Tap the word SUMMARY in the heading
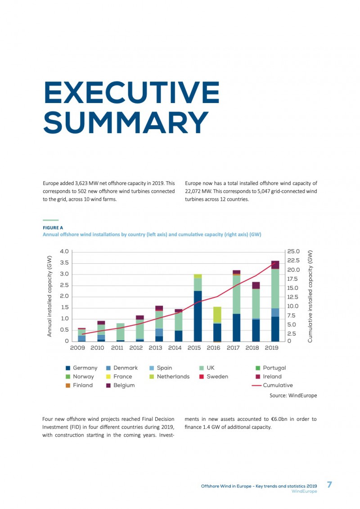pyautogui.click(x=126, y=122)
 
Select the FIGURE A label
pyautogui.click(x=53, y=228)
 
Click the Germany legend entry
pyautogui.click(x=81, y=368)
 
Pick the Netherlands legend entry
pyautogui.click(x=170, y=377)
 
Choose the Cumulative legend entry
pyautogui.click(x=272, y=385)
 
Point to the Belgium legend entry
pyautogui.click(x=121, y=385)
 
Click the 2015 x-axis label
pyautogui.click(x=194, y=348)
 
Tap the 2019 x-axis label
pyautogui.click(x=272, y=348)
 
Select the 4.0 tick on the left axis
pyautogui.click(x=64, y=252)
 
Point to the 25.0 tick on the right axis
pyautogui.click(x=293, y=252)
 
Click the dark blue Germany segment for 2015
pyautogui.click(x=198, y=316)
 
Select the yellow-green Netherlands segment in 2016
pyautogui.click(x=217, y=315)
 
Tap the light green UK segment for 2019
pyautogui.click(x=275, y=288)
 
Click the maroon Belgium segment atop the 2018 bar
pyautogui.click(x=256, y=285)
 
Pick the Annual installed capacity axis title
pyautogui.click(x=49, y=296)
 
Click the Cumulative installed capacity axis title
pyautogui.click(x=310, y=296)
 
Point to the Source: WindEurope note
pyautogui.click(x=293, y=396)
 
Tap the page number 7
pyautogui.click(x=329, y=485)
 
